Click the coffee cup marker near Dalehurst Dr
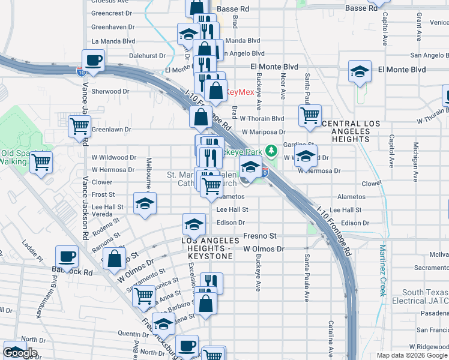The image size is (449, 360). [x=93, y=60]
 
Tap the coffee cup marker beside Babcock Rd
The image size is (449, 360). [x=67, y=256]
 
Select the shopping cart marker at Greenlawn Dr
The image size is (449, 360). [x=79, y=126]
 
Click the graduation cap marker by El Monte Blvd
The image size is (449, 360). [x=360, y=71]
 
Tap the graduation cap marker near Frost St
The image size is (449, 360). [x=145, y=203]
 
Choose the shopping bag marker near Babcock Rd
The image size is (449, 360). [x=114, y=259]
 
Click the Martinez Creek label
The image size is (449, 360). [x=382, y=269]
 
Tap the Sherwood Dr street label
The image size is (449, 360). [x=110, y=92]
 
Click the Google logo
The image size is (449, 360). [x=20, y=353]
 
